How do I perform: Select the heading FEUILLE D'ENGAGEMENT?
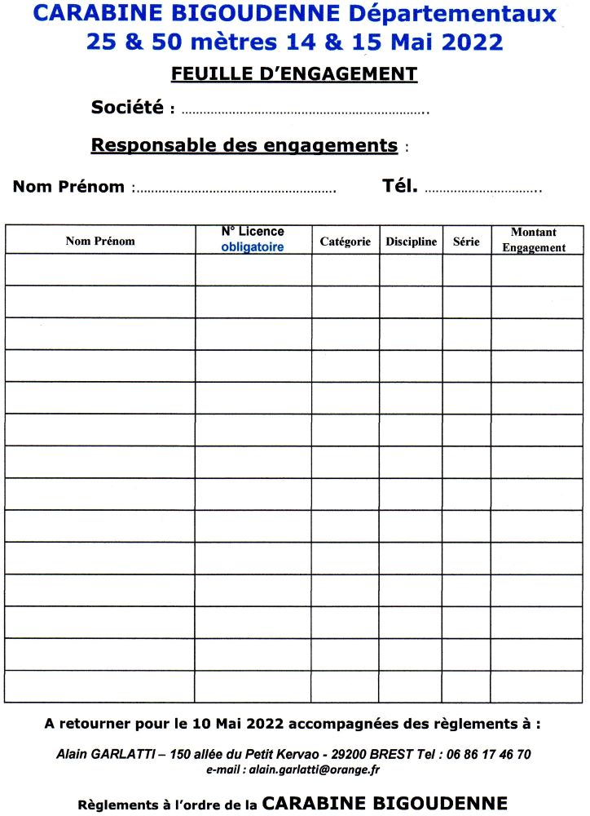point(294,74)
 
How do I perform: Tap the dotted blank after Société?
point(305,111)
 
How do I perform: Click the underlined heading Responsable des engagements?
point(244,145)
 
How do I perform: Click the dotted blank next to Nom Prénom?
point(236,191)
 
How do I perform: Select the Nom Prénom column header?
point(100,241)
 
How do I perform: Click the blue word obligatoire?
point(253,247)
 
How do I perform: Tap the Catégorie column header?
point(346,242)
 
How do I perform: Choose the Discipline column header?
point(412,242)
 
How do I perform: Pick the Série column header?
point(466,242)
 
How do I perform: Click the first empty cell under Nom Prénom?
point(100,270)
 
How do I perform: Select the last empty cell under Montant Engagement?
point(537,686)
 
